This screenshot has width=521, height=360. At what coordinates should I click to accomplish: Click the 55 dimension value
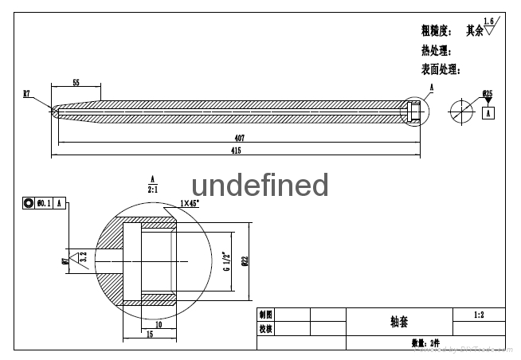(x=75, y=83)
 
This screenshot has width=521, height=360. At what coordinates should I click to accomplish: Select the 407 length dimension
(x=239, y=138)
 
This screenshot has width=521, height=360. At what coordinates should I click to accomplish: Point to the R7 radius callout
(x=26, y=94)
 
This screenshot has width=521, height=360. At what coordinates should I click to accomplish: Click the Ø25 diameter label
(x=488, y=94)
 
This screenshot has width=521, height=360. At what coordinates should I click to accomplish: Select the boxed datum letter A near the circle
(x=488, y=113)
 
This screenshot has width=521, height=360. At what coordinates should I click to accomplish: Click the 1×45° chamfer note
(x=190, y=203)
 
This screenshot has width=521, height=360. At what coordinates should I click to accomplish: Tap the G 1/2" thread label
(x=225, y=260)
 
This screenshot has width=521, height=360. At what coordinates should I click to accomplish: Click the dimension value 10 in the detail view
(x=158, y=325)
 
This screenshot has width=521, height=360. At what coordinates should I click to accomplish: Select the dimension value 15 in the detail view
(x=151, y=335)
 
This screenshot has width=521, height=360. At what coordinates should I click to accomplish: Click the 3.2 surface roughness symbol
(x=80, y=259)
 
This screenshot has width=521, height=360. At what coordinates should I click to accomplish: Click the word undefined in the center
(x=260, y=185)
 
